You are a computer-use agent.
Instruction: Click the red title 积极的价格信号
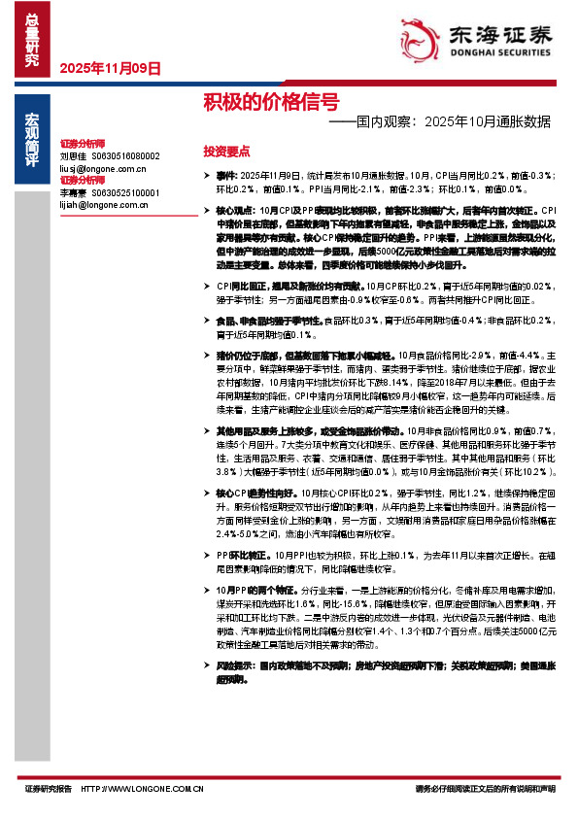[271, 101]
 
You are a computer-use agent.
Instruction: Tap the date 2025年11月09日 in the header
[110, 68]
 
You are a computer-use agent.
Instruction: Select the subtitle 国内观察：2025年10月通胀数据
[440, 122]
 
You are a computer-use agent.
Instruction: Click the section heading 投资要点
[226, 152]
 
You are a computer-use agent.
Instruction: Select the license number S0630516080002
[125, 155]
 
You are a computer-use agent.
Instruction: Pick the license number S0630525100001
[125, 192]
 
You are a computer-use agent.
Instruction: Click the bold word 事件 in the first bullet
[225, 175]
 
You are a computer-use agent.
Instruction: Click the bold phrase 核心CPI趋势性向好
[256, 494]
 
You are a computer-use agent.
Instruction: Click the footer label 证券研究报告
[50, 789]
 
